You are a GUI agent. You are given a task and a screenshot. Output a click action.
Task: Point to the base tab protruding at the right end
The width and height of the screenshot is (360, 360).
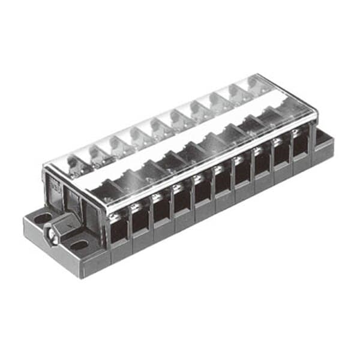point(325,144)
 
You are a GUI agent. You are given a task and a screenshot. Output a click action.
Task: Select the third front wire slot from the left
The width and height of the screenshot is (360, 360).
point(161,210)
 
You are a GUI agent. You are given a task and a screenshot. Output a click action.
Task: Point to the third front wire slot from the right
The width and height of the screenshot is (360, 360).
point(262,166)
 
